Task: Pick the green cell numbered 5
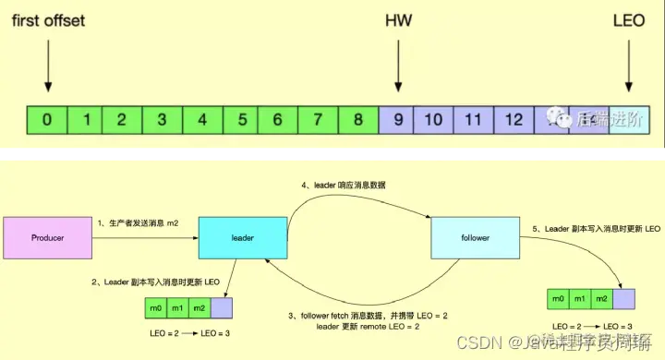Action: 241,119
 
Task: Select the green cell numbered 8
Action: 358,119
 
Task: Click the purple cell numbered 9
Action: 396,119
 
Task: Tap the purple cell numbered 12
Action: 514,119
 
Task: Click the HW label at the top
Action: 397,19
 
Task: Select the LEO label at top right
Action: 630,19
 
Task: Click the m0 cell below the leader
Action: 156,306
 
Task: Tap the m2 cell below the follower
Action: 600,297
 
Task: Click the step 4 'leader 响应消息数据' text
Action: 345,185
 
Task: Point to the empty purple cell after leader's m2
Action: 222,306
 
